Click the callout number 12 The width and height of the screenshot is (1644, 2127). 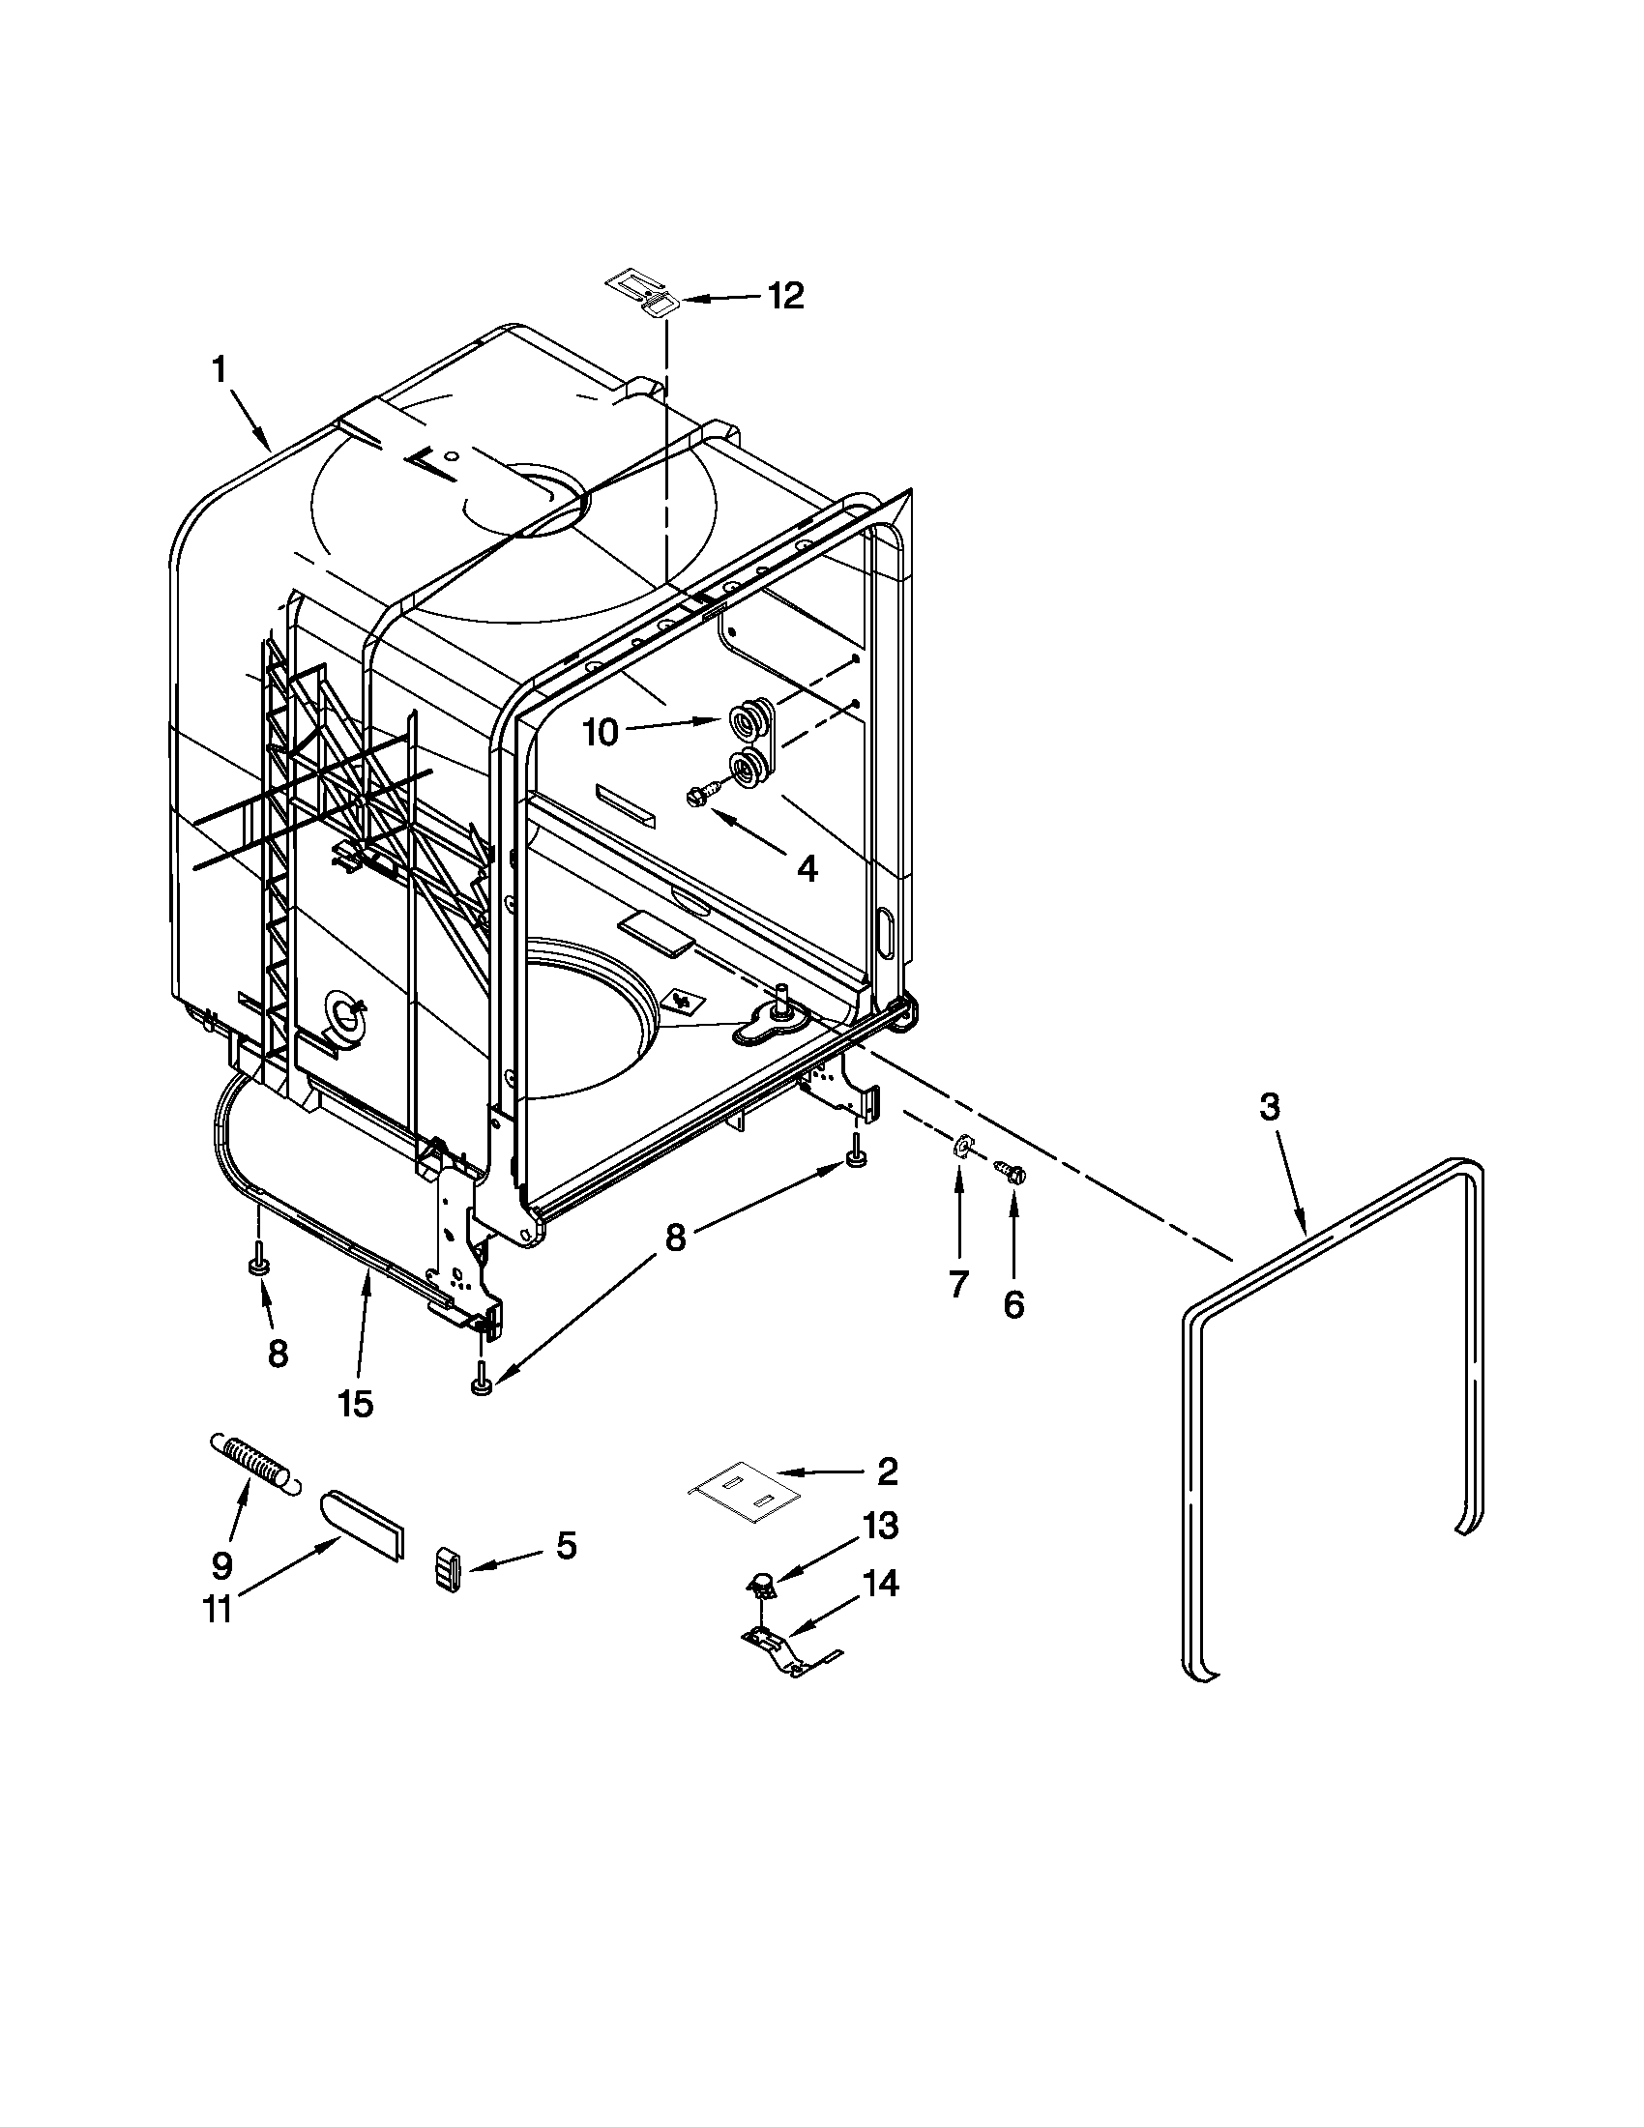point(785,295)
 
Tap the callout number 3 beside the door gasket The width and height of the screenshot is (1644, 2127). point(1269,1107)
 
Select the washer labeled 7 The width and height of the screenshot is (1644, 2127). point(958,1146)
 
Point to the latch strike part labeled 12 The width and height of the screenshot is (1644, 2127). point(644,292)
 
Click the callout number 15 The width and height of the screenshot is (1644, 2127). point(356,1403)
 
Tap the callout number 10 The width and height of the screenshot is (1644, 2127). point(601,733)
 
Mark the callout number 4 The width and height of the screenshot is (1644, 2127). point(807,868)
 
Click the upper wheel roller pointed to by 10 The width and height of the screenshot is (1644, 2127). point(749,720)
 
